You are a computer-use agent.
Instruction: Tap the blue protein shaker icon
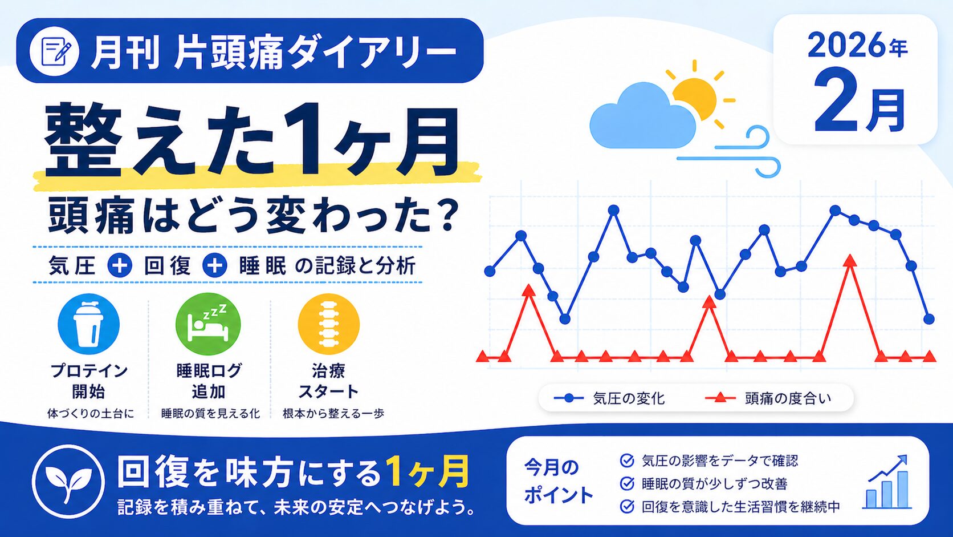click(x=88, y=324)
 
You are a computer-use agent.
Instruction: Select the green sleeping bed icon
click(x=208, y=324)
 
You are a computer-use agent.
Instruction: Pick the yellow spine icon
click(x=328, y=324)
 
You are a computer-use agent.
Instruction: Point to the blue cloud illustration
click(x=641, y=117)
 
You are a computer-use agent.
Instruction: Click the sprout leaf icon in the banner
click(x=68, y=481)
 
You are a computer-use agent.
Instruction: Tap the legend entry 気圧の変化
click(x=609, y=398)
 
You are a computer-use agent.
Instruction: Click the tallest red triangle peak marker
click(x=850, y=261)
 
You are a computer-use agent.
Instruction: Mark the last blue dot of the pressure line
click(x=929, y=319)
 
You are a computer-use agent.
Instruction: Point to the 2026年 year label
click(x=857, y=46)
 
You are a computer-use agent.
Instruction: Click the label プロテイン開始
click(x=88, y=381)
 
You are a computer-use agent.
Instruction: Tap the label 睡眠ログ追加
click(x=209, y=381)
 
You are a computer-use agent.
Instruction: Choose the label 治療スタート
click(x=328, y=381)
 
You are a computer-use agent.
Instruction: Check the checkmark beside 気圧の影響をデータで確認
click(x=626, y=461)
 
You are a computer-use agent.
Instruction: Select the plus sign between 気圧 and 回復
click(x=119, y=266)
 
